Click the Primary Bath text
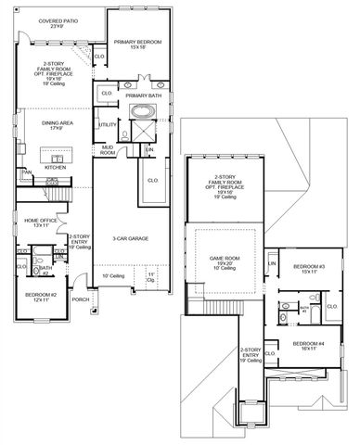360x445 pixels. coord(144,95)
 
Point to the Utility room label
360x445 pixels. coord(108,124)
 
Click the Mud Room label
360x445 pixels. coord(108,150)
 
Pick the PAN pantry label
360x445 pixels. coord(27,172)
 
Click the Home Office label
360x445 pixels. coord(42,222)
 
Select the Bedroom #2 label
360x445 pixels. coord(42,298)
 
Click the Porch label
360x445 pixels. coord(81,299)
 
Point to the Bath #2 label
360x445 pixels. coord(43,269)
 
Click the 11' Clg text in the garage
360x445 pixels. coord(151,277)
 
